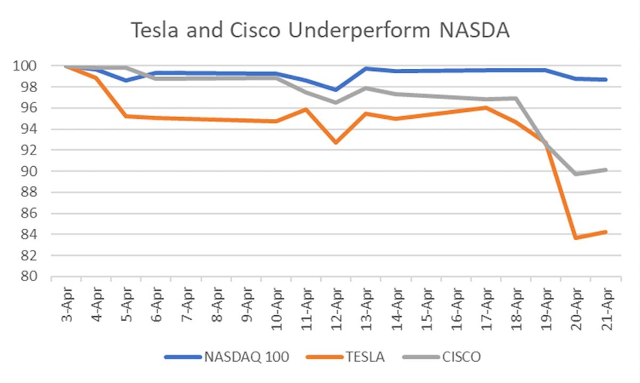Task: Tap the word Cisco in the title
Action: coord(257,30)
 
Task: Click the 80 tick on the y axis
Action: coord(29,276)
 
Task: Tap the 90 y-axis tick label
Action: coord(29,172)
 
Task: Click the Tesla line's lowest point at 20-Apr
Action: coord(576,238)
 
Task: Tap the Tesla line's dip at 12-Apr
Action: coord(336,143)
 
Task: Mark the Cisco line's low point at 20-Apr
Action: coord(576,174)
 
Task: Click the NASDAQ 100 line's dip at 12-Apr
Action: coord(336,89)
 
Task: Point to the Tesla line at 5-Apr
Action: coord(126,116)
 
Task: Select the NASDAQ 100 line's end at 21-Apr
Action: coord(606,79)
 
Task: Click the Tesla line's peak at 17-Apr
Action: coord(486,108)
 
